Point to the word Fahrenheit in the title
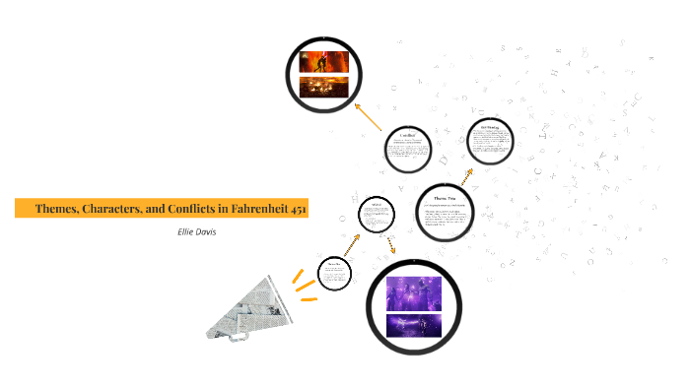[265, 209]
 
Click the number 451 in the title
[300, 209]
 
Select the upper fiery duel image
[325, 60]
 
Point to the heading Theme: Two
[442, 197]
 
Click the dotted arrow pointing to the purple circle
[391, 245]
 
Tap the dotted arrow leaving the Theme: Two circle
[463, 175]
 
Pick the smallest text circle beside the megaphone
[335, 272]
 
